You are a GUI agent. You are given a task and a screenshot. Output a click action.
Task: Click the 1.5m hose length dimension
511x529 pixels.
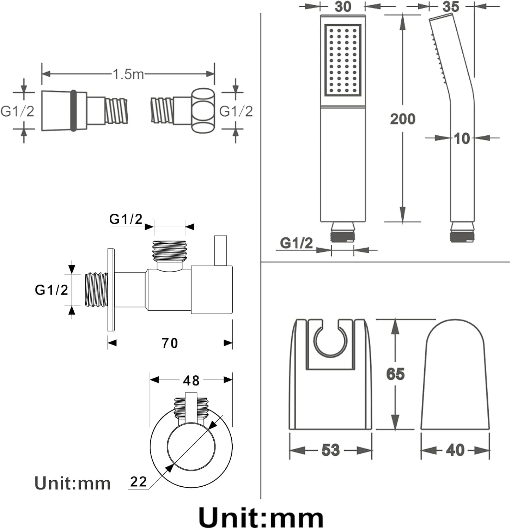(128, 74)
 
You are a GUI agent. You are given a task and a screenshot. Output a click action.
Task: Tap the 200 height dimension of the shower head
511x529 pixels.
(402, 119)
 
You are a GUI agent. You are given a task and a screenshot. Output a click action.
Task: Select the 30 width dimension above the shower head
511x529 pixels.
(343, 6)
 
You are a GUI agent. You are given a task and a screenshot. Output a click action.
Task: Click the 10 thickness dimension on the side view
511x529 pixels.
(462, 139)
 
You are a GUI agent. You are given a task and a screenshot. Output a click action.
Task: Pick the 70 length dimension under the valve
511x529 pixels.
(170, 343)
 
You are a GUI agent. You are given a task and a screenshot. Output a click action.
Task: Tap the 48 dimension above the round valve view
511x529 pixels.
(191, 380)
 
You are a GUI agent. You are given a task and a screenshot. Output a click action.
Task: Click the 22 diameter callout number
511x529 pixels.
(138, 481)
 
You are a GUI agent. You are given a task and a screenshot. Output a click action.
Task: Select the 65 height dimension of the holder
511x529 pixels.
(395, 374)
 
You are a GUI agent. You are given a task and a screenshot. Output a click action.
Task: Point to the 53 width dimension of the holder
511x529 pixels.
(330, 450)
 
